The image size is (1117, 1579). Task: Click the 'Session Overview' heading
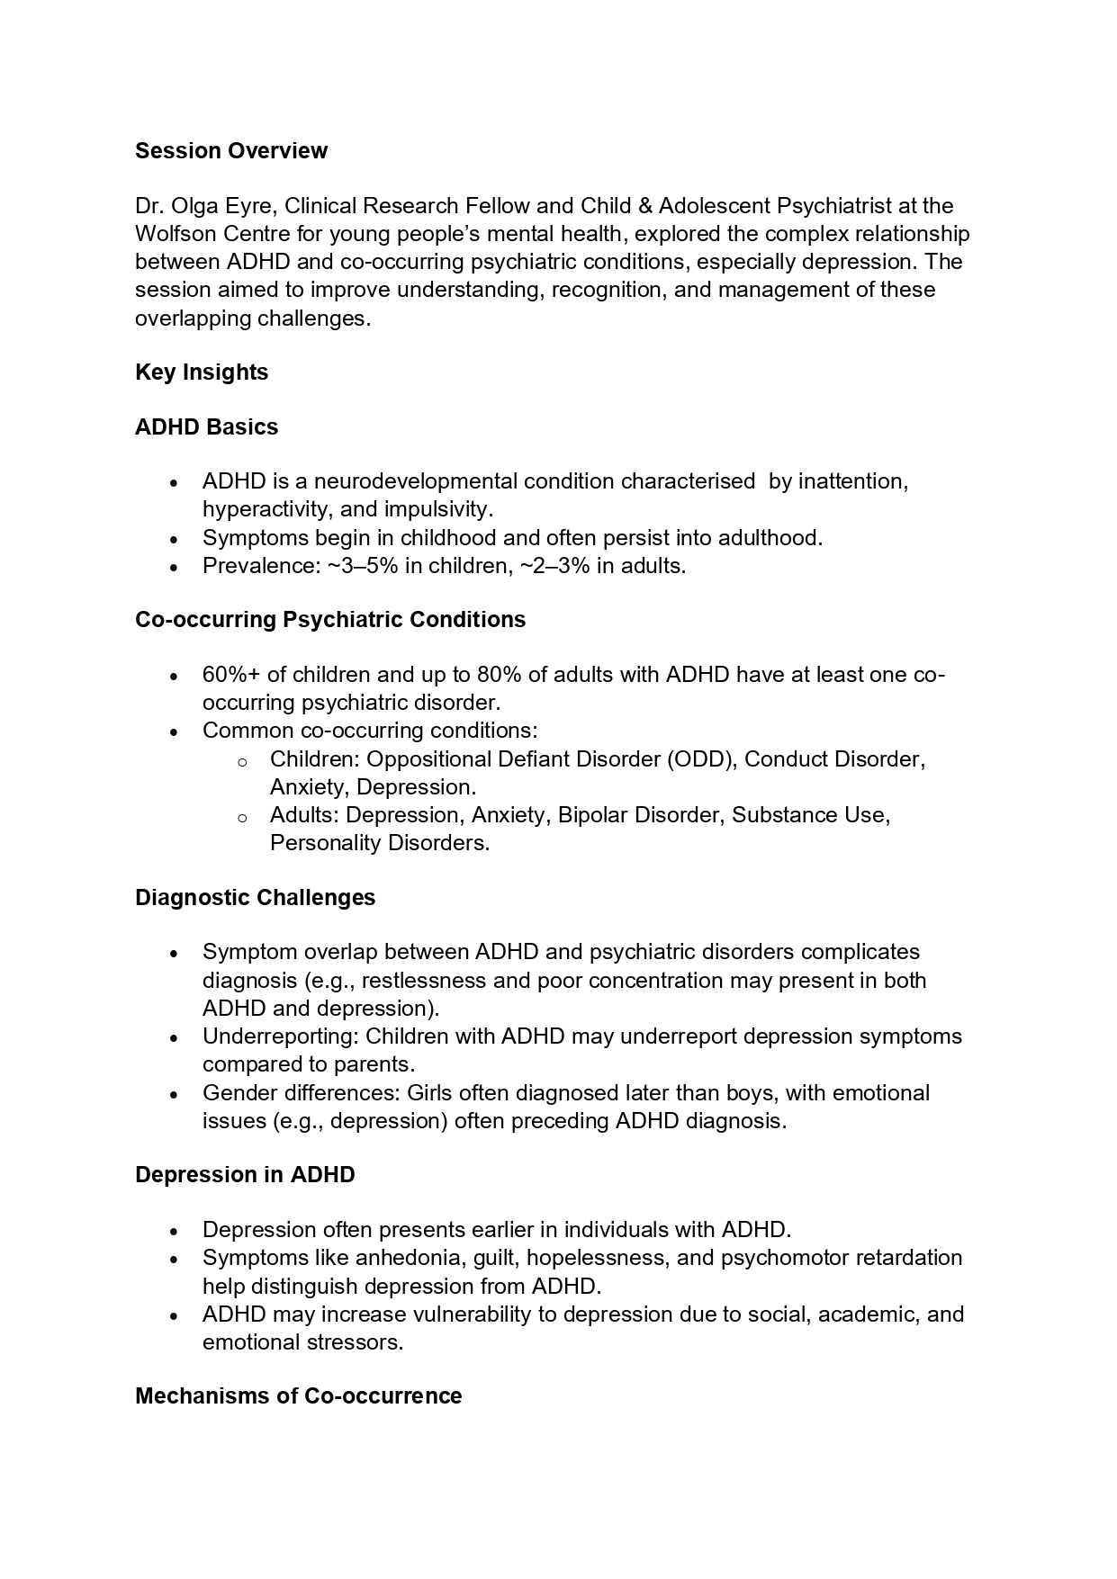pos(230,150)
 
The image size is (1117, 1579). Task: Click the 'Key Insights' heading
pos(202,372)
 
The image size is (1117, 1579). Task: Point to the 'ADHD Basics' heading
pos(206,426)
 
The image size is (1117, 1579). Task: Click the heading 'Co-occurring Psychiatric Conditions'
pos(330,619)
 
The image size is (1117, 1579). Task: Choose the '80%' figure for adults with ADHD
pos(500,675)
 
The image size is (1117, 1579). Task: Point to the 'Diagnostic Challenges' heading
pos(255,897)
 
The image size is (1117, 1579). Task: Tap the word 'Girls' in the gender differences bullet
pos(429,1093)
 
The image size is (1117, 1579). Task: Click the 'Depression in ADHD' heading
pos(245,1174)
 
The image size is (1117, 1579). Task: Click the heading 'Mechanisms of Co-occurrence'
pos(298,1395)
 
